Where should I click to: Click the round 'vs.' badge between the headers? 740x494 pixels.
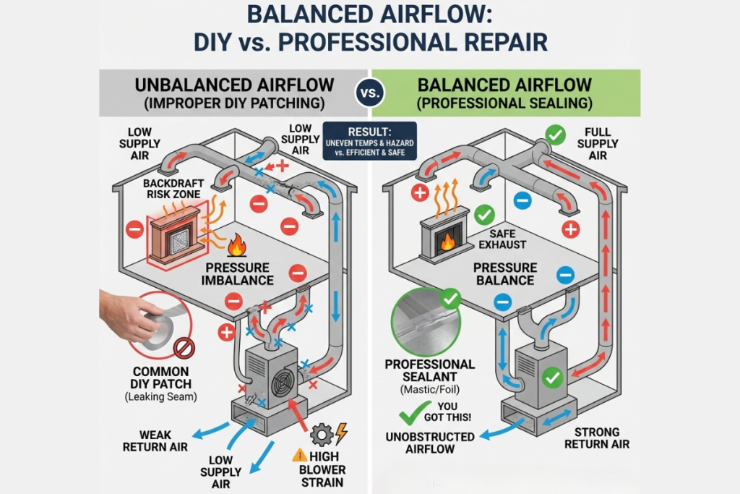coord(370,93)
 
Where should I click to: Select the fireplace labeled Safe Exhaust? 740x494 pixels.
coord(442,234)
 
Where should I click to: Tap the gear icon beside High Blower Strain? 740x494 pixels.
coord(321,434)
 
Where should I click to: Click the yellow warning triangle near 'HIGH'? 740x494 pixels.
coord(299,456)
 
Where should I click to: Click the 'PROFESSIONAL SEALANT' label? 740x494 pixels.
coord(430,371)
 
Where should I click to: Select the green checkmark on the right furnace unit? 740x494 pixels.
coord(553,377)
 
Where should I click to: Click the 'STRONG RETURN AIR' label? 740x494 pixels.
coord(601,438)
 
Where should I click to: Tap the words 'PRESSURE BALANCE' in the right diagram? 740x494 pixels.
coord(504,274)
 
